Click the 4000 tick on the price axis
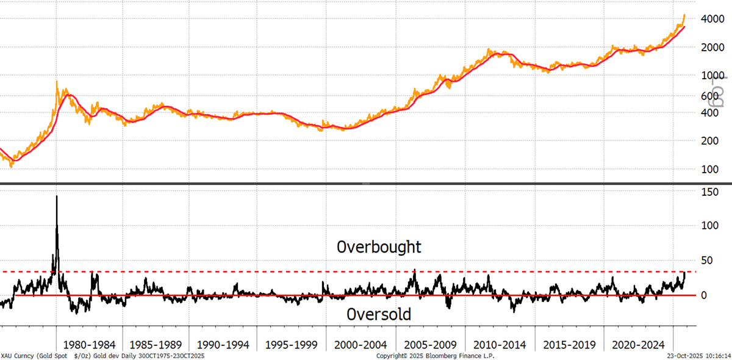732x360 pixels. pos(712,19)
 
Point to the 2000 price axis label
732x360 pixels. pos(712,48)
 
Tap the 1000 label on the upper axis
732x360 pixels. pos(712,76)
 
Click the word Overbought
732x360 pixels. pos(379,247)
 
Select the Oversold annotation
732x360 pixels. pos(379,314)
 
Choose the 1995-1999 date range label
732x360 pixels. pos(291,345)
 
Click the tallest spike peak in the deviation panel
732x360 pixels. pos(57,196)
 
